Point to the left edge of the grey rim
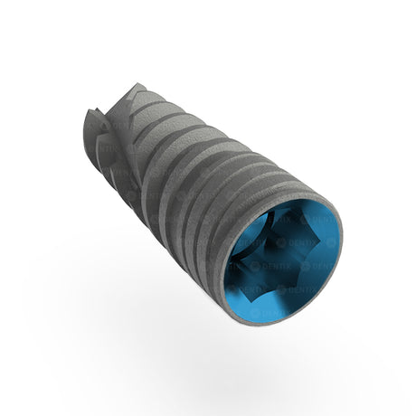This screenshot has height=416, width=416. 222,271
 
